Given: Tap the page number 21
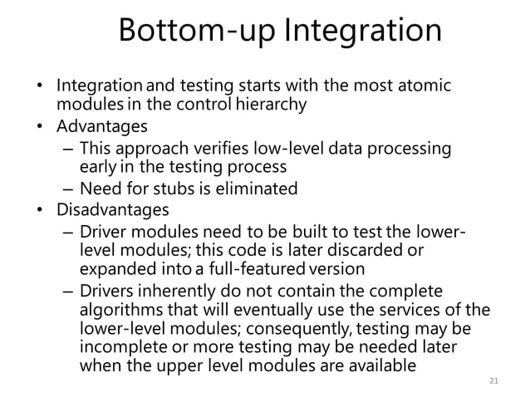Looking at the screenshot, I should click(494, 381).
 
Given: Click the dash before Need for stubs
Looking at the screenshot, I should click(66, 189).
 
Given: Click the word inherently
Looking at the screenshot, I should click(171, 291).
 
